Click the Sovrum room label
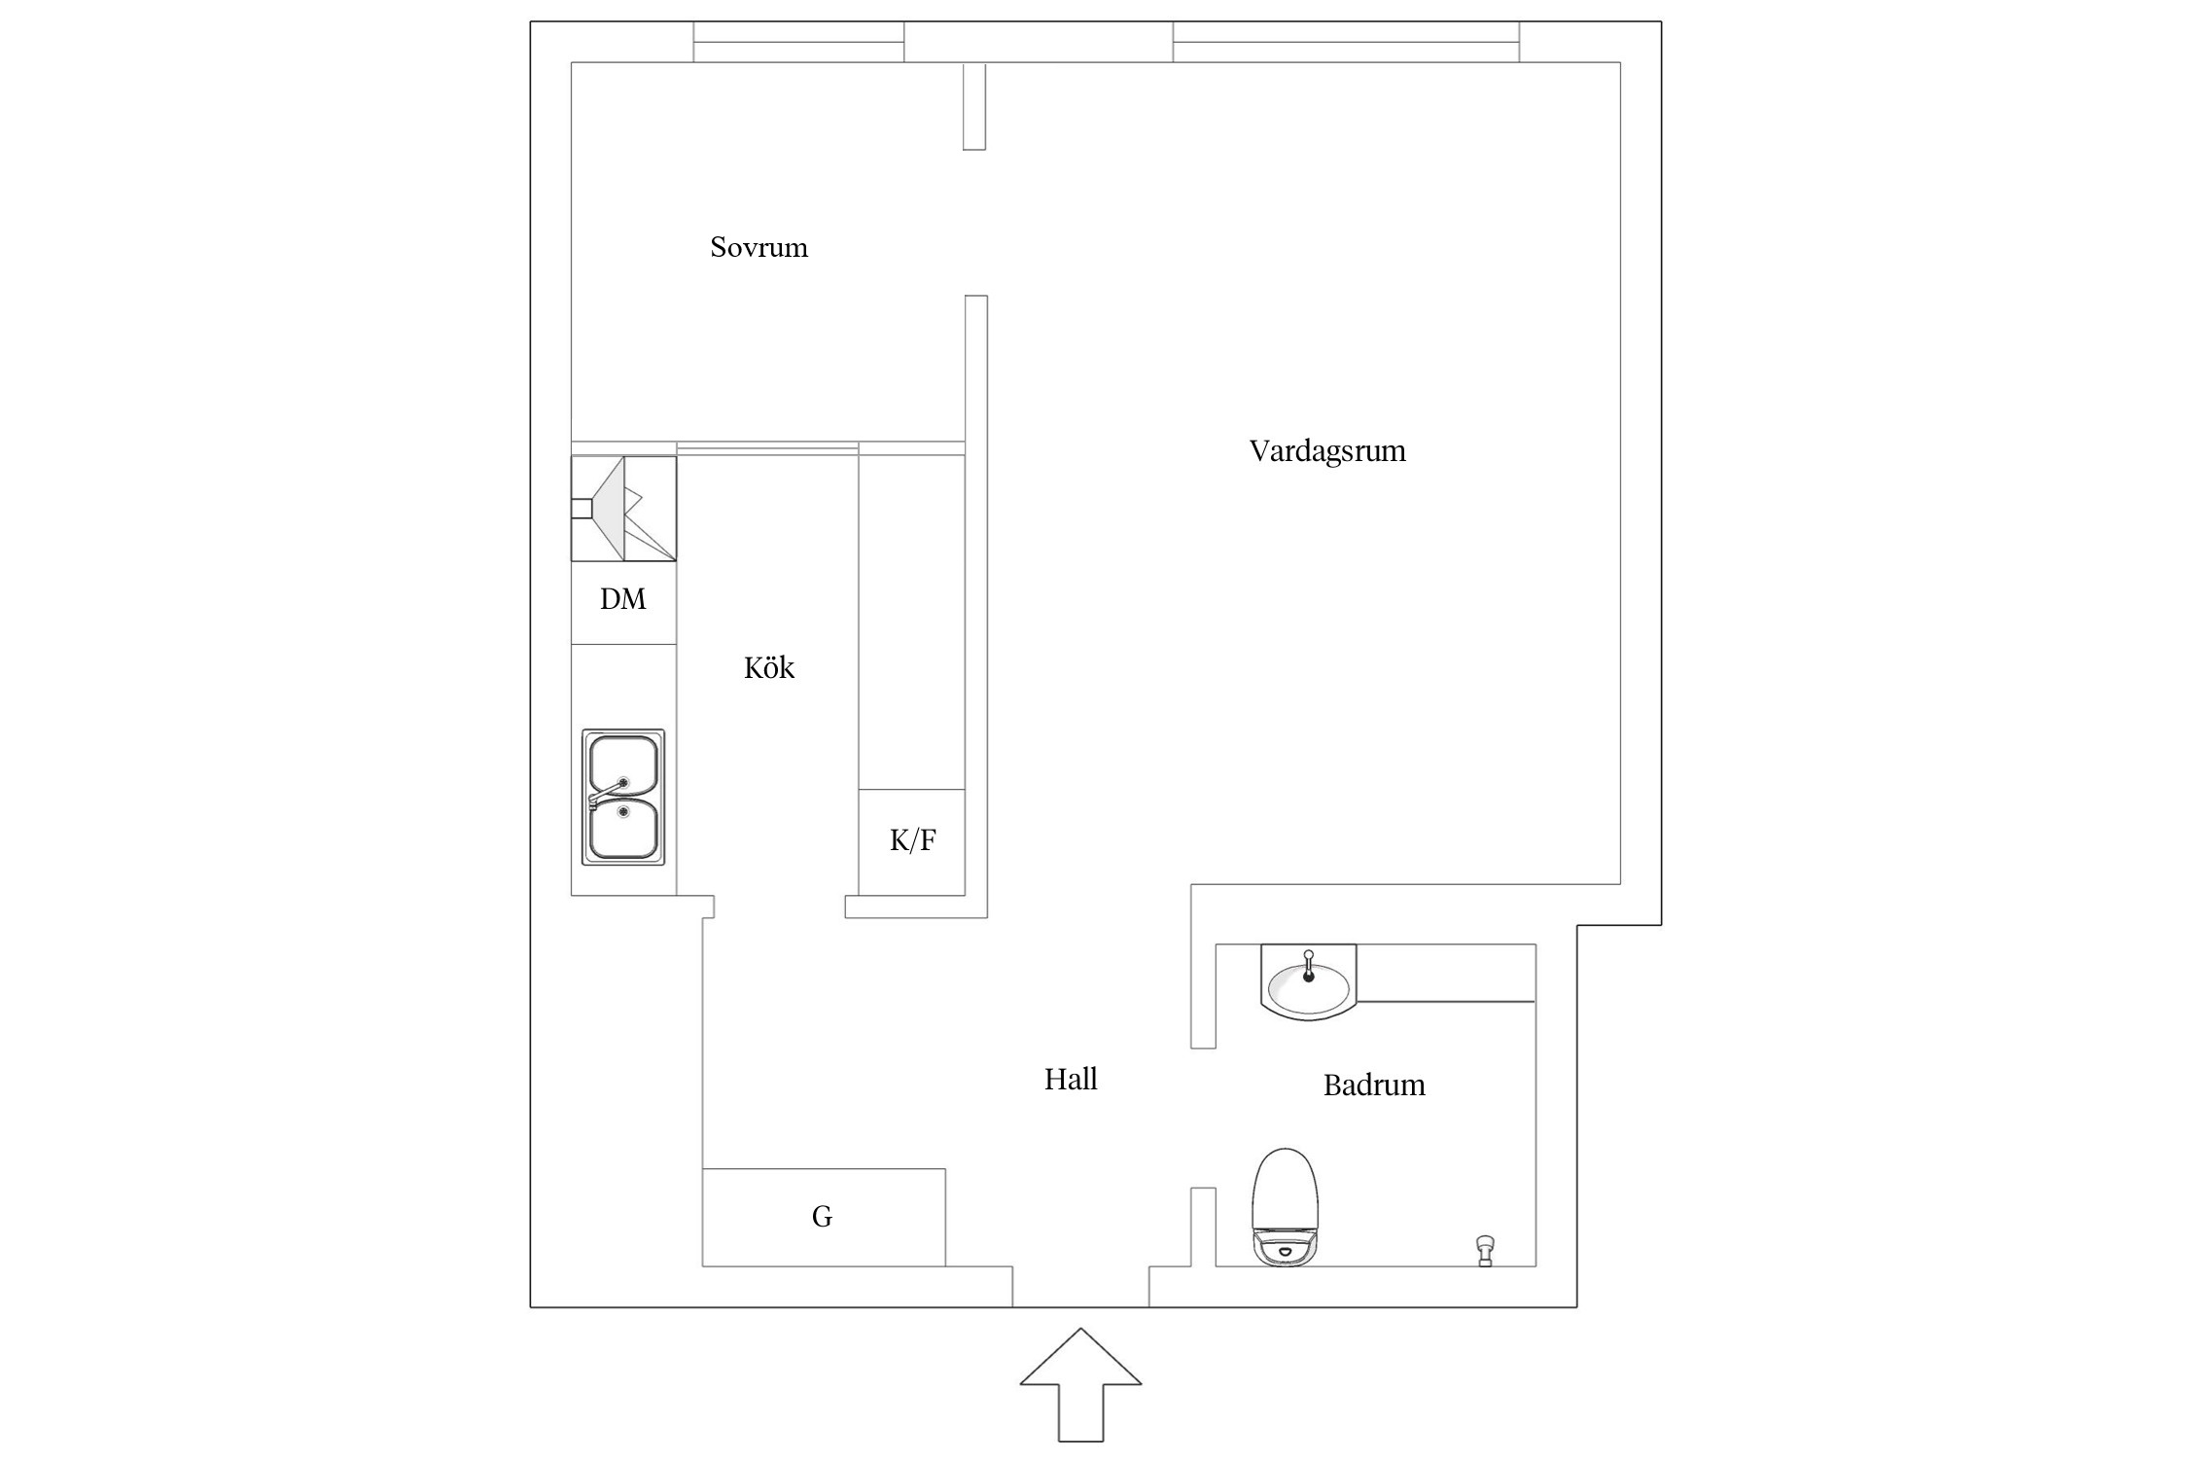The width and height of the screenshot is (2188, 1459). (759, 247)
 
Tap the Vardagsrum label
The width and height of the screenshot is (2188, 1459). (1327, 451)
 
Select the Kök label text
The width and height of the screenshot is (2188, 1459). (769, 668)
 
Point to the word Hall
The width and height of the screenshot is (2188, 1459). (1071, 1080)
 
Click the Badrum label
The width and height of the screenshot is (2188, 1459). (1374, 1085)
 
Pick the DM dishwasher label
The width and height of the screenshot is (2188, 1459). (622, 599)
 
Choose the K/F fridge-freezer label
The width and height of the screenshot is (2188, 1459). (912, 840)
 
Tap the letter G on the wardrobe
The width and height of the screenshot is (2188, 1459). (822, 1217)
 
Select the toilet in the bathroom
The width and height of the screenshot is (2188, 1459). (1285, 1206)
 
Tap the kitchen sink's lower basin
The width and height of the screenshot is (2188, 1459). (623, 830)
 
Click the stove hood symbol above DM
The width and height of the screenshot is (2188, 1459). (623, 508)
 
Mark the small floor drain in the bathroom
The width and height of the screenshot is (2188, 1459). (1485, 1250)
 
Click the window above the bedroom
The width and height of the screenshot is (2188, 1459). (798, 42)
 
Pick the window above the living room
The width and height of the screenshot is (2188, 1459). (1346, 42)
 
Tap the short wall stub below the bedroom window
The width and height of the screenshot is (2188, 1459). (974, 107)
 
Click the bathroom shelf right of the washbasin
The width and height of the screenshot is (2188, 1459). (1445, 973)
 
